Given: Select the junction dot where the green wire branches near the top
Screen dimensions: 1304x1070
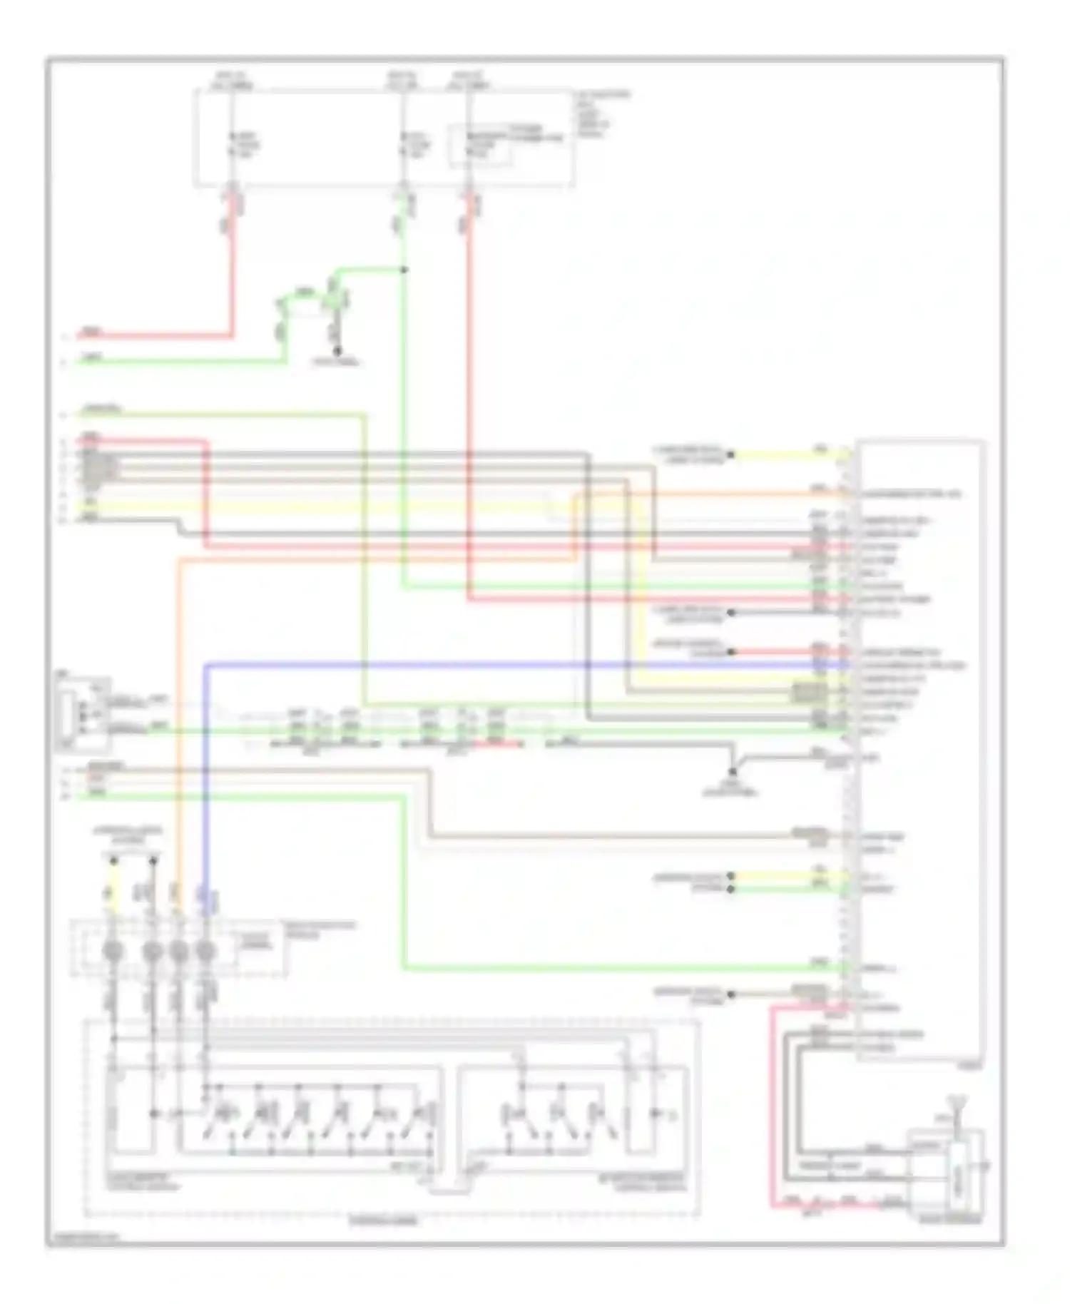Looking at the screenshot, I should coord(404,270).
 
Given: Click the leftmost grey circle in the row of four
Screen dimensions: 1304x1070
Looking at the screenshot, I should coord(113,952).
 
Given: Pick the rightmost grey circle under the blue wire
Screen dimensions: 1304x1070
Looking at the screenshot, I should coord(205,952).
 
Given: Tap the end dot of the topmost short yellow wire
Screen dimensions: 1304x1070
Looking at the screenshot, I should coord(731,454).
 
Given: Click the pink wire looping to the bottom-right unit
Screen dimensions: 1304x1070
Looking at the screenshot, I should coord(772,1106).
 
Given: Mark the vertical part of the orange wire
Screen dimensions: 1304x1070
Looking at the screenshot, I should coord(178,713).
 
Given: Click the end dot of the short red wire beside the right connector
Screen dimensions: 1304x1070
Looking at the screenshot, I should coord(731,652).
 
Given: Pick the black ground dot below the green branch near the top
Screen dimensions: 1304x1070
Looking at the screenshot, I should coord(338,351).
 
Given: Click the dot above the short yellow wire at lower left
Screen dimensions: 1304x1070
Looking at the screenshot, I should coord(113,862).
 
